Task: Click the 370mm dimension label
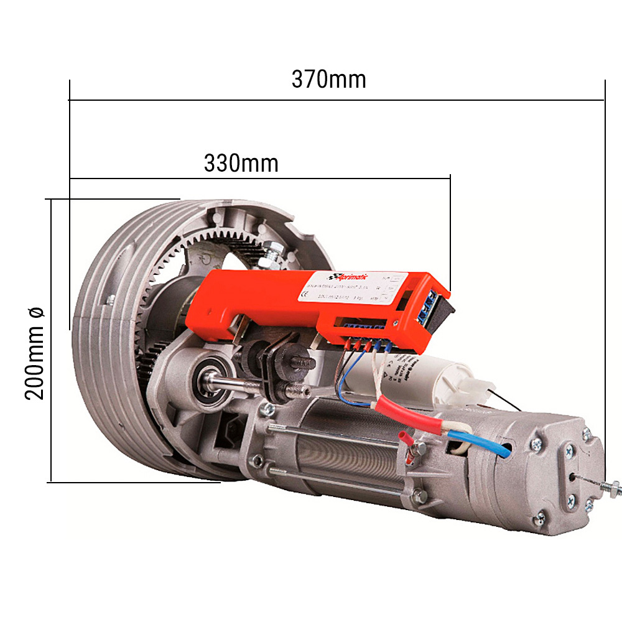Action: [x=328, y=80]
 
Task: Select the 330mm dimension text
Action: [x=241, y=163]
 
